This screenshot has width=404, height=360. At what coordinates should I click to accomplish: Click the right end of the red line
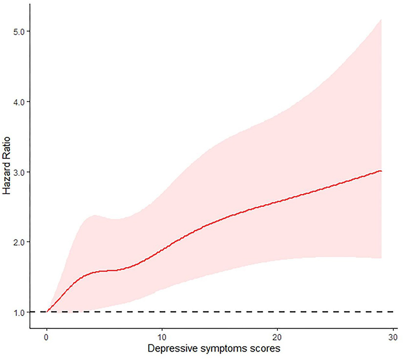click(x=381, y=171)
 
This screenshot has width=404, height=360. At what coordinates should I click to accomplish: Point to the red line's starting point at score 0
click(x=46, y=311)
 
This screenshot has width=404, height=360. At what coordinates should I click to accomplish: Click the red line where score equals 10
click(x=162, y=250)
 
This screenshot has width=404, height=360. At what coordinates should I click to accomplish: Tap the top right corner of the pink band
click(x=381, y=19)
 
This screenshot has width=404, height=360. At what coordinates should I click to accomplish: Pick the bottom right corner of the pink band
click(x=381, y=258)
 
